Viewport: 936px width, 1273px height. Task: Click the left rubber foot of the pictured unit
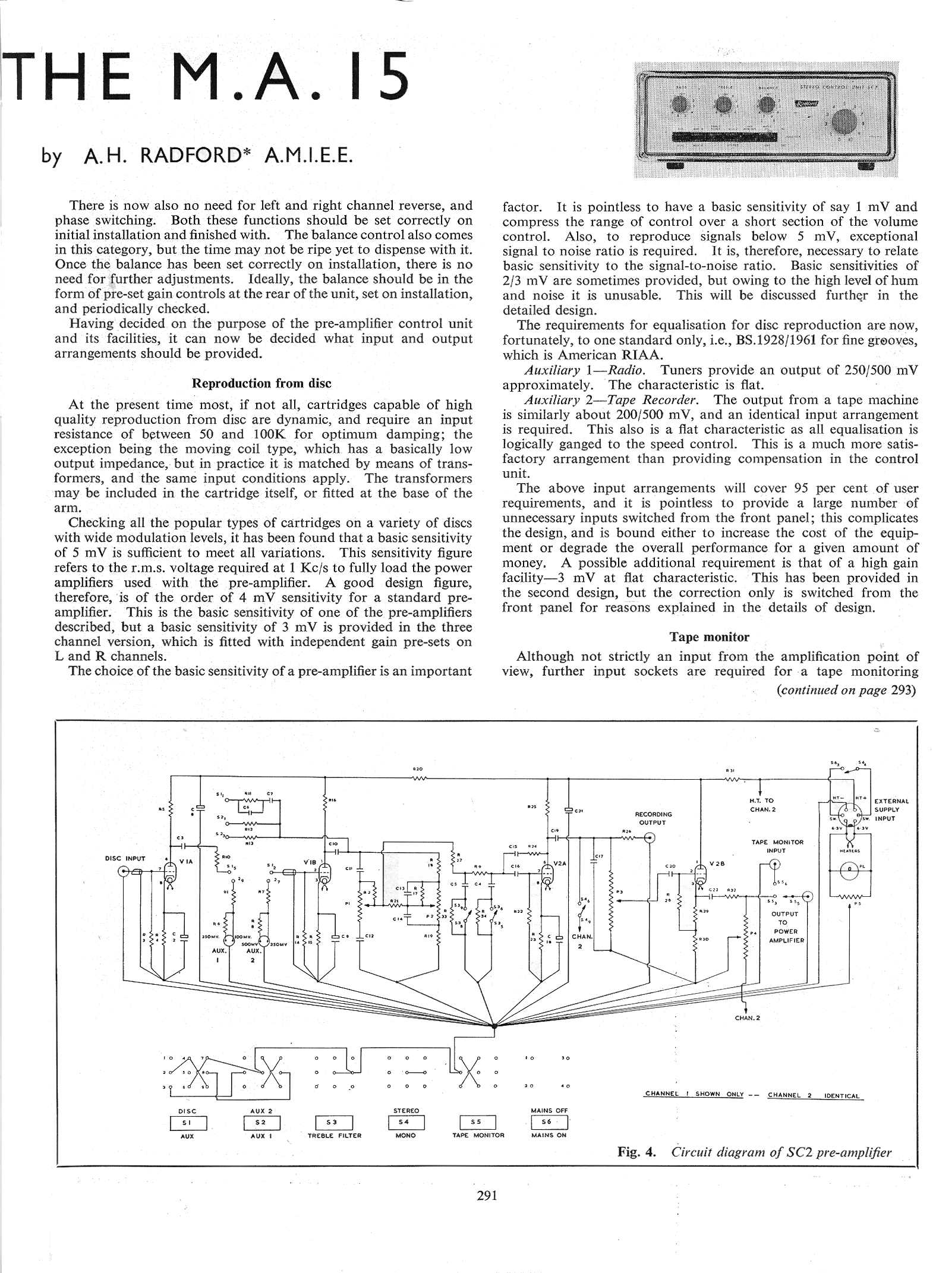[675, 166]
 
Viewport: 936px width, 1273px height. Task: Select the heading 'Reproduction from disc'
[261, 383]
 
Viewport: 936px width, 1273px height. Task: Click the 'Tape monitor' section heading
[710, 637]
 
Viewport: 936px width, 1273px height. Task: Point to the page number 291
[487, 1196]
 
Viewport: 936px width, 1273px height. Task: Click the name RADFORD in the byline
[188, 156]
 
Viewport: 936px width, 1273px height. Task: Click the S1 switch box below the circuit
[188, 1123]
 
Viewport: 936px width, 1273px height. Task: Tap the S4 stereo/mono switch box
[406, 1122]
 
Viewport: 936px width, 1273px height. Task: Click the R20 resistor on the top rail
[418, 777]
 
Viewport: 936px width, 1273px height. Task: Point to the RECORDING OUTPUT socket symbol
[651, 839]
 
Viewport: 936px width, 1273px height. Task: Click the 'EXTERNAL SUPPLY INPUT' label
[891, 809]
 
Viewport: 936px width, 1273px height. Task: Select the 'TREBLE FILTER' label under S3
[335, 1135]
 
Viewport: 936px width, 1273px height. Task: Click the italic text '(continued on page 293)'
[846, 690]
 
